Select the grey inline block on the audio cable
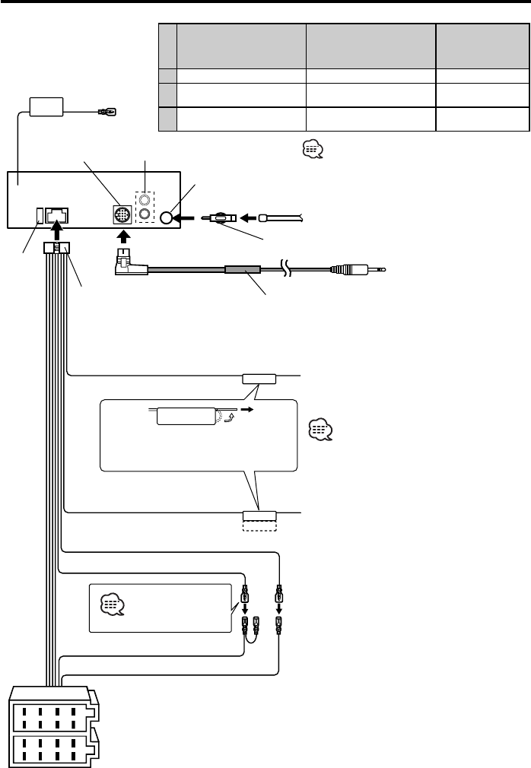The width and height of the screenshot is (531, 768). (x=243, y=268)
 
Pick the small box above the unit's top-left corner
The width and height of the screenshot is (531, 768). (x=48, y=106)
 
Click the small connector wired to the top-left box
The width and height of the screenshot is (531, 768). (x=106, y=115)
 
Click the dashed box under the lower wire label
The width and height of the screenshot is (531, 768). (x=258, y=525)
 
